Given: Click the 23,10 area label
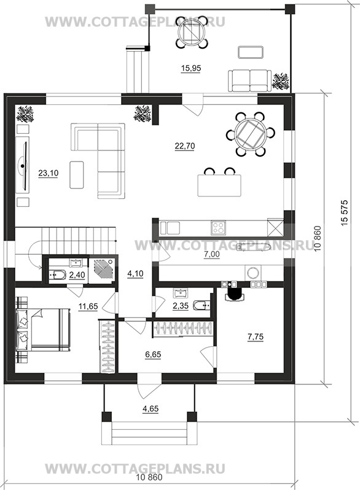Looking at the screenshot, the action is coord(48,173).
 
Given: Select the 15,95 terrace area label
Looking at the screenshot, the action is coord(191,68).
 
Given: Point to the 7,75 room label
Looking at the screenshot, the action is coord(255,337).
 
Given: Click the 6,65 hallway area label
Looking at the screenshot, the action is coord(153,355).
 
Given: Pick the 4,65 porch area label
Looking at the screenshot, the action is coord(151,409).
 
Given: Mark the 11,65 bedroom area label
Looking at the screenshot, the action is coord(88,306).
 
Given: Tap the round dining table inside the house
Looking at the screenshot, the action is coord(250,134).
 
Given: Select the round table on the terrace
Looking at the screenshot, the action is coord(191,32).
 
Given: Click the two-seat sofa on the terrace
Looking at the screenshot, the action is coord(249,81).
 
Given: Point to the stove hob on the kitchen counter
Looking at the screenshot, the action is coord(218,227).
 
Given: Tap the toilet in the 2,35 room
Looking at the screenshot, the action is coord(202,305).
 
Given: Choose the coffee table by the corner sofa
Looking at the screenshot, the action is coord(77,174).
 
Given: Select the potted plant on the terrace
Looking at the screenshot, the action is coord(281,81).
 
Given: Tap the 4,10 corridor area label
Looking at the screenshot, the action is coord(135,274).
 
